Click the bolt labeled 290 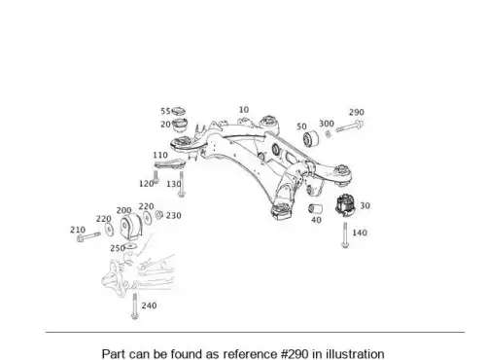pyautogui.click(x=350, y=126)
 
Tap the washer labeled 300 pyautogui.click(x=328, y=133)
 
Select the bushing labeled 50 pyautogui.click(x=311, y=138)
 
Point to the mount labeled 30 pyautogui.click(x=345, y=205)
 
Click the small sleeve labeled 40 pyautogui.click(x=315, y=208)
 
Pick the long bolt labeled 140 pyautogui.click(x=345, y=234)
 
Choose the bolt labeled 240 pyautogui.click(x=134, y=306)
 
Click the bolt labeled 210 pyautogui.click(x=88, y=236)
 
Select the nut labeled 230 pyautogui.click(x=158, y=214)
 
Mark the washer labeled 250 pyautogui.click(x=130, y=246)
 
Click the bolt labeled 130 pyautogui.click(x=182, y=184)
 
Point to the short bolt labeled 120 pyautogui.click(x=156, y=177)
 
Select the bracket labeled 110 pyautogui.click(x=170, y=164)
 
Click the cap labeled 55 pyautogui.click(x=179, y=111)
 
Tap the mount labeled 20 pyautogui.click(x=180, y=126)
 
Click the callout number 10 pyautogui.click(x=244, y=110)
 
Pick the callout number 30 pyautogui.click(x=364, y=205)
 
